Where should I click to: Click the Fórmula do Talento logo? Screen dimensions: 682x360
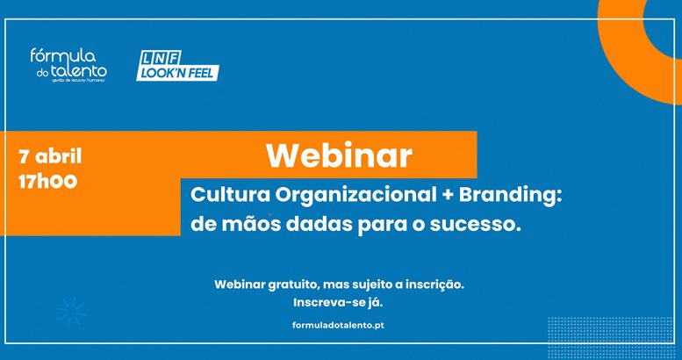click(68, 65)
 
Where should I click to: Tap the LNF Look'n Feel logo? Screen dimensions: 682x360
click(178, 66)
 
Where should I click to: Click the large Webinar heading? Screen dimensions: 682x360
click(339, 155)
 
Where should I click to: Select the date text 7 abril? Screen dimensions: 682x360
click(50, 156)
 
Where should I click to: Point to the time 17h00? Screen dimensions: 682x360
click(48, 182)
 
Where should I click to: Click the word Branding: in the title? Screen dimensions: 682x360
click(511, 196)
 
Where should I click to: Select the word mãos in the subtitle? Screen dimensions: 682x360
click(249, 225)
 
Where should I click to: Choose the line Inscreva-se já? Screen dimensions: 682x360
click(338, 303)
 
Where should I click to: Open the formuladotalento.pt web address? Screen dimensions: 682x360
click(339, 326)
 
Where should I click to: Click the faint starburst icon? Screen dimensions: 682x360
click(71, 312)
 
